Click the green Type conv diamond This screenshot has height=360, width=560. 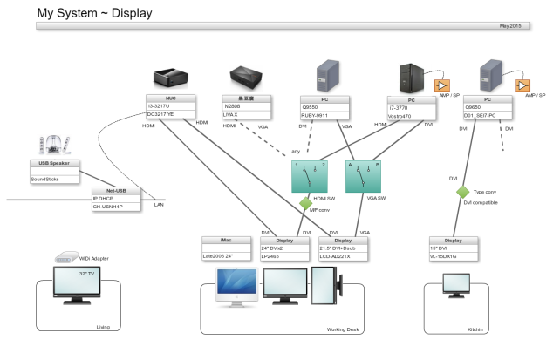(462, 192)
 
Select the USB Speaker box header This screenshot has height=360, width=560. (55, 163)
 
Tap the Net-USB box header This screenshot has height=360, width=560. (116, 191)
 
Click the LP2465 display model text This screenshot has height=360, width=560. (273, 255)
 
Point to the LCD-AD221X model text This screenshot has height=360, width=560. (336, 255)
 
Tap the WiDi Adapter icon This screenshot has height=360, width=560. (68, 257)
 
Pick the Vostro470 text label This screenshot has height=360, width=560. (401, 115)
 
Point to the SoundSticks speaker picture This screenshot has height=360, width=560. (52, 144)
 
